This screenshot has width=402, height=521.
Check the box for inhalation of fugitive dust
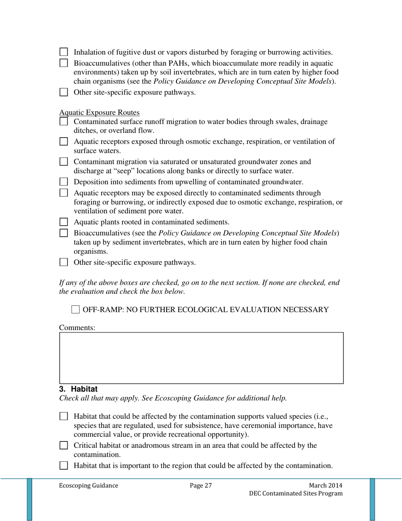pyautogui.click(x=63, y=53)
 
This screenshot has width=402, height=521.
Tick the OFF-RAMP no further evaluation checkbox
pyautogui.click(x=75, y=310)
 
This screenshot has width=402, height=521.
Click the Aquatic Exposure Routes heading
pyautogui.click(x=100, y=113)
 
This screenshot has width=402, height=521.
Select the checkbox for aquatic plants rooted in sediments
pyautogui.click(x=63, y=222)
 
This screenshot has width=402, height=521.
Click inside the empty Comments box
pyautogui.click(x=201, y=358)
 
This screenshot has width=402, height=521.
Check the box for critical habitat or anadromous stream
pyautogui.click(x=63, y=446)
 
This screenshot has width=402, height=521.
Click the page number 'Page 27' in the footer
pyautogui.click(x=201, y=486)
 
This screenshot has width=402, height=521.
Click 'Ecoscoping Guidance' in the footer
pyautogui.click(x=88, y=486)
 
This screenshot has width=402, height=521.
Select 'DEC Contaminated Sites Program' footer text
pyautogui.click(x=296, y=493)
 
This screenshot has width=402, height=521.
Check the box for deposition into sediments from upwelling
pyautogui.click(x=63, y=182)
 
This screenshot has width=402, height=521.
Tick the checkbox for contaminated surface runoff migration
pyautogui.click(x=63, y=122)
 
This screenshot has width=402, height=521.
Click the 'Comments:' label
pyautogui.click(x=77, y=327)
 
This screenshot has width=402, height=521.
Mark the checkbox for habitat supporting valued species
pyautogui.click(x=63, y=416)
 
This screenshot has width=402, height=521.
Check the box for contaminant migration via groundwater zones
pyautogui.click(x=63, y=162)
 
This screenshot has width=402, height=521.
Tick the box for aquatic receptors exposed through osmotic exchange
pyautogui.click(x=63, y=142)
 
